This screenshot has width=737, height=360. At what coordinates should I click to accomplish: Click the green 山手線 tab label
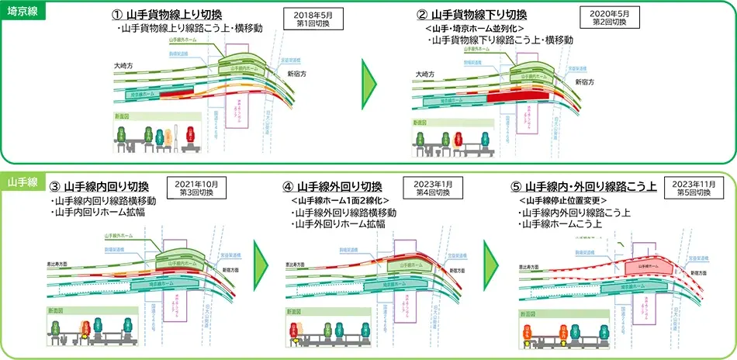[x=19, y=180]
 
